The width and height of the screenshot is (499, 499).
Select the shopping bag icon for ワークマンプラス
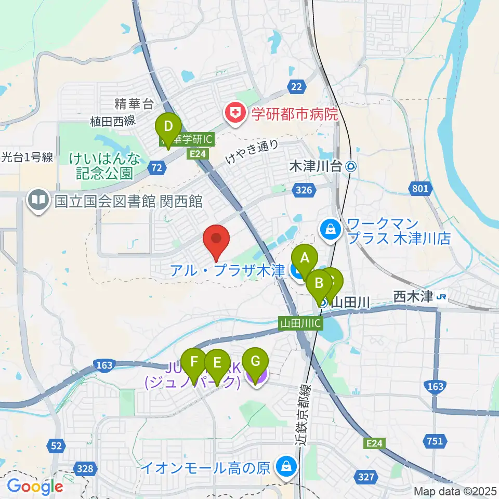[330, 228]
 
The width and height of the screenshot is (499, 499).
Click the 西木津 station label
[413, 297]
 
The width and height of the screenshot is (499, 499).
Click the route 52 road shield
[58, 444]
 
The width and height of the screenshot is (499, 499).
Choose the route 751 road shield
[436, 442]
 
